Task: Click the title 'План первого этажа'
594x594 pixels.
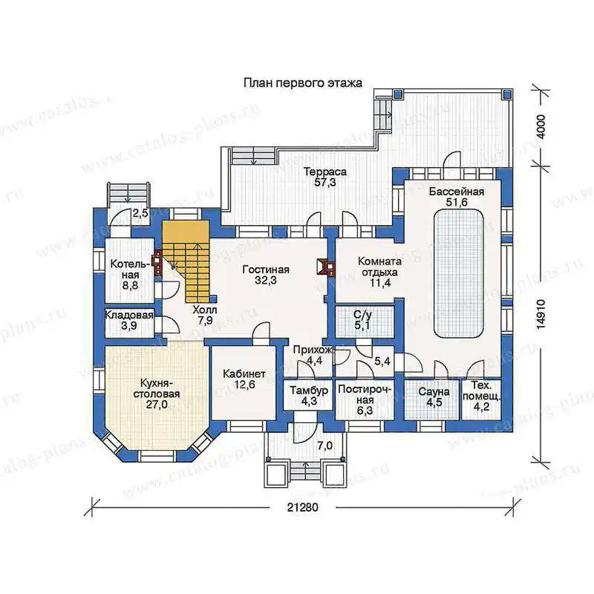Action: tap(303, 82)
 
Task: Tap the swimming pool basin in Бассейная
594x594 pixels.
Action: tap(458, 273)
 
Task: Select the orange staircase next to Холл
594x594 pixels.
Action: tap(186, 261)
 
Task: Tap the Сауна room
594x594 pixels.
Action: tap(433, 399)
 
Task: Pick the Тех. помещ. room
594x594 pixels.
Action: tap(481, 399)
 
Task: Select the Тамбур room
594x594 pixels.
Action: tap(308, 395)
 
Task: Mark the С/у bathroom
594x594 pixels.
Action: tap(365, 322)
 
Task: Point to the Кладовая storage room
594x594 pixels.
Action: tap(129, 322)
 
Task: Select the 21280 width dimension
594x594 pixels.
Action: tap(302, 507)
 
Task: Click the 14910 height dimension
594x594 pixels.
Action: tap(541, 314)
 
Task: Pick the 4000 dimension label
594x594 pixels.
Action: tap(541, 126)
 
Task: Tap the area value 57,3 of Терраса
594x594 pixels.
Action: tap(324, 183)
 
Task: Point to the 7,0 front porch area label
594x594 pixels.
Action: tap(324, 446)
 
